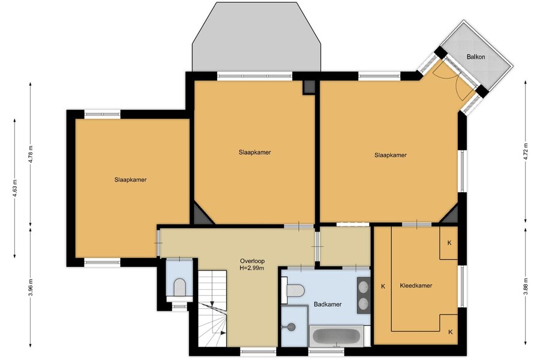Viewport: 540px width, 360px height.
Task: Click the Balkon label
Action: click(476, 56)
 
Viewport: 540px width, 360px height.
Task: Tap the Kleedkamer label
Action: click(416, 286)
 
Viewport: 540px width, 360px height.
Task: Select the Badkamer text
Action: click(328, 304)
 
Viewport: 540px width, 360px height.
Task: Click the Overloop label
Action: click(253, 261)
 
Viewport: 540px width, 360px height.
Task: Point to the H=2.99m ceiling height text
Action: click(253, 268)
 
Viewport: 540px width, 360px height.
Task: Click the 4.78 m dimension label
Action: click(31, 154)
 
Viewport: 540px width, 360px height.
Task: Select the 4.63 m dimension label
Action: click(15, 188)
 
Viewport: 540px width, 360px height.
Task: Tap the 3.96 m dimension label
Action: click(31, 287)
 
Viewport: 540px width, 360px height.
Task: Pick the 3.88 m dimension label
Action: click(525, 287)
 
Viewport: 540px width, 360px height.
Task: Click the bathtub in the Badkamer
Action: click(337, 336)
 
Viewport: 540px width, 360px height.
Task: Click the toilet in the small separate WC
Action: click(179, 287)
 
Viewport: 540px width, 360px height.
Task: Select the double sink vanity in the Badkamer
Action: click(364, 295)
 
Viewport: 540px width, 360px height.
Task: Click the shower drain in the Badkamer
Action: click(292, 327)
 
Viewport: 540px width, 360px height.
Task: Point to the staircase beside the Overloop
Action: click(212, 308)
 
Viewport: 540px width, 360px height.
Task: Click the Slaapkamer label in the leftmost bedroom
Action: click(131, 180)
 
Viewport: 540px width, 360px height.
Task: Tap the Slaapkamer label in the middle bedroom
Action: click(255, 152)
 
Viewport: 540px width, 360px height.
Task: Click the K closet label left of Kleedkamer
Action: click(383, 286)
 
